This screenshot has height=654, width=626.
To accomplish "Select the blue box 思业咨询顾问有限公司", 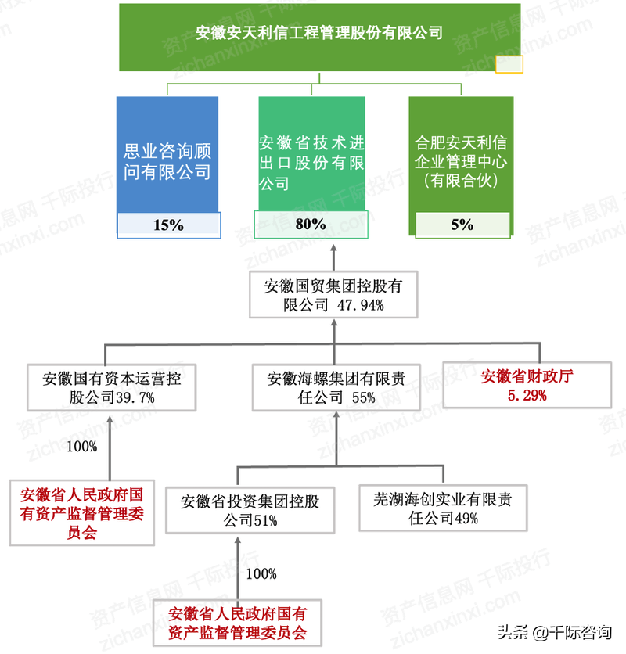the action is (167, 161).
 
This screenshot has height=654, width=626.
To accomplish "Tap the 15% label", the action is (168, 225).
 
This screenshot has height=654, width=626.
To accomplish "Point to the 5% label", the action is (462, 225).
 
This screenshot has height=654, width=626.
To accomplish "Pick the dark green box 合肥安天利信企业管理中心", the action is (461, 161).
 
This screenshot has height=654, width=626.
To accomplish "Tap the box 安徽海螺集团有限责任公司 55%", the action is (336, 387).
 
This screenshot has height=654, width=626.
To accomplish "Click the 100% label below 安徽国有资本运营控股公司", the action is (82, 447).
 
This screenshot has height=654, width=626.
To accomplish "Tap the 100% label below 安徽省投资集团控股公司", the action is (261, 573).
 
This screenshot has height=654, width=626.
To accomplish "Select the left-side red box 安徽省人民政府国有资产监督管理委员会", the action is (82, 513).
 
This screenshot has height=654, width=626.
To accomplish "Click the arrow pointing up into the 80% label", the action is (334, 250).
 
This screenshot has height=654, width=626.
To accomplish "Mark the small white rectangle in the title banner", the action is (509, 63).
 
